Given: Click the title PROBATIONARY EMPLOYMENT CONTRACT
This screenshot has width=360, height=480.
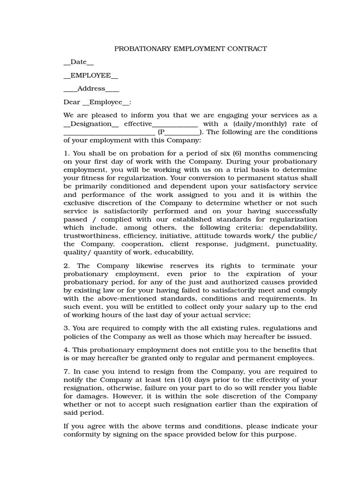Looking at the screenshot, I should click(x=191, y=48).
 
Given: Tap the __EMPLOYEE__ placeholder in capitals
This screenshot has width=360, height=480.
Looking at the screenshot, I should click(x=90, y=75).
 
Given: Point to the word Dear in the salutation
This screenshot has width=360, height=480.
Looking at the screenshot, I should click(x=72, y=102).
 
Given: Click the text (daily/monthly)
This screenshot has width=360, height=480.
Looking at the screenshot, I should click(x=251, y=124).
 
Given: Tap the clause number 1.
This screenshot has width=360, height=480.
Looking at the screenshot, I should click(x=66, y=153).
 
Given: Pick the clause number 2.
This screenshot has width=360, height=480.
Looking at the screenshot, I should click(x=66, y=266).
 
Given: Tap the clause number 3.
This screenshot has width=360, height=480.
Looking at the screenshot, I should click(x=66, y=328).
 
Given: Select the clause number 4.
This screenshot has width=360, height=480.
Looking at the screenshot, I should click(x=66, y=350).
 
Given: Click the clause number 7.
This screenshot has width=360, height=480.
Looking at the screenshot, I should click(x=66, y=371).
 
